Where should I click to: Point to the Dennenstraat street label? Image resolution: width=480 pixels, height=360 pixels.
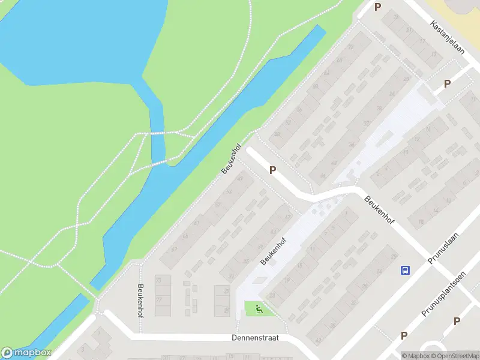(255, 338)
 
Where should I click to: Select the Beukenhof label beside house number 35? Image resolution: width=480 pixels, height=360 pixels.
(274, 251)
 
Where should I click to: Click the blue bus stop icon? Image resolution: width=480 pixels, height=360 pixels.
(406, 270)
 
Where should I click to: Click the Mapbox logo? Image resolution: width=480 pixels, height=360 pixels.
(26, 353)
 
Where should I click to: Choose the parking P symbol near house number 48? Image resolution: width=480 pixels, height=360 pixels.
(273, 170)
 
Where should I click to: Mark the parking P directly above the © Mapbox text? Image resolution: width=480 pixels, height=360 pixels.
(404, 336)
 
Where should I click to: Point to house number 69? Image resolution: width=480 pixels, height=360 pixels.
(175, 249)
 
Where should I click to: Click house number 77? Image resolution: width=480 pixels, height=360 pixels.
(159, 298)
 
